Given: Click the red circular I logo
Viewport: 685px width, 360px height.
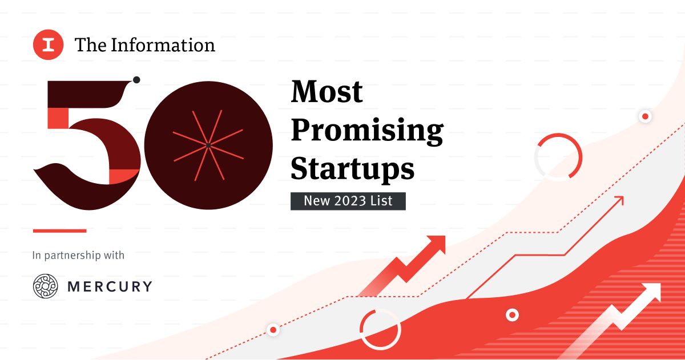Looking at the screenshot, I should pos(48,46).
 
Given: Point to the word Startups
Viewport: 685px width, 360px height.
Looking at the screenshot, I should pos(352,168).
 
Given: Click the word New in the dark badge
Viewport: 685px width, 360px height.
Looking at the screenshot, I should pos(316,201).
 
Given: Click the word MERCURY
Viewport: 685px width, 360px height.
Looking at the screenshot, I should pos(110,286).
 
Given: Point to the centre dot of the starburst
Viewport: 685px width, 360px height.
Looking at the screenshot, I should pos(208,146).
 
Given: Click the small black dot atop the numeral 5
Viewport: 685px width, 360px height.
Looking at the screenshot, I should pos(136,80).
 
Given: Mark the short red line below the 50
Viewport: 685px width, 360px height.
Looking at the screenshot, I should pos(59,230).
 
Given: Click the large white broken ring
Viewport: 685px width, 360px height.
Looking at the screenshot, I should pos(380,329).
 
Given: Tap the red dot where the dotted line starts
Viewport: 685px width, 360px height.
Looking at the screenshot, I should pos(273,330).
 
